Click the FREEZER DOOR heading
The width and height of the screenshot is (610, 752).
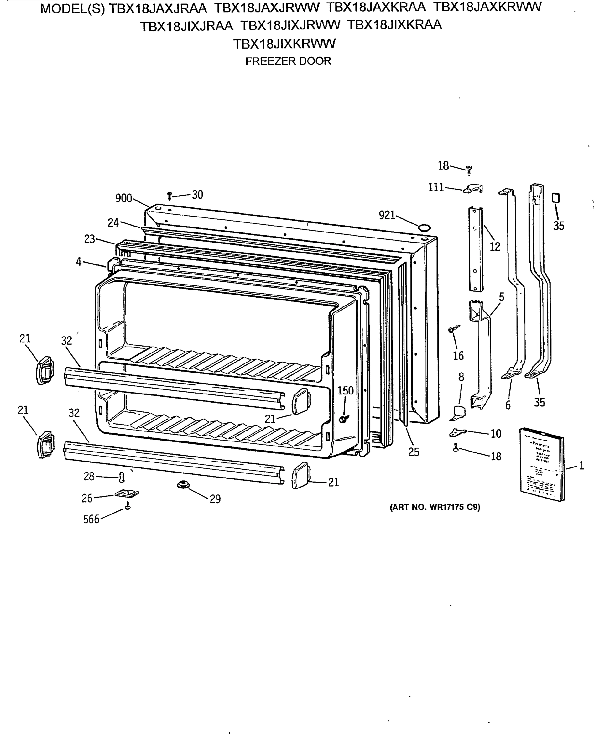pyautogui.click(x=288, y=61)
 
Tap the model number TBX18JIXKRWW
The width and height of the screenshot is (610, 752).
pyautogui.click(x=284, y=44)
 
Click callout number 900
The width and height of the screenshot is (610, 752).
pyautogui.click(x=124, y=198)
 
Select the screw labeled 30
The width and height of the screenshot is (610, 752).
pyautogui.click(x=169, y=196)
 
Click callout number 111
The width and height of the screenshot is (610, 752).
pyautogui.click(x=436, y=187)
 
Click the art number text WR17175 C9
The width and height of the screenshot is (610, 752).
pyautogui.click(x=435, y=507)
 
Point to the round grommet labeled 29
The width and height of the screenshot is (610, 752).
pyautogui.click(x=183, y=485)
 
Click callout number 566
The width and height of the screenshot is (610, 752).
pyautogui.click(x=91, y=520)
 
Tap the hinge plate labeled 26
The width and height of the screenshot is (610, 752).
pyautogui.click(x=127, y=494)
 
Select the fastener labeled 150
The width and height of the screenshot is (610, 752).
pyautogui.click(x=343, y=419)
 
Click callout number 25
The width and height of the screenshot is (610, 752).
pyautogui.click(x=414, y=452)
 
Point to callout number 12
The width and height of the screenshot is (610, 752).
pyautogui.click(x=495, y=247)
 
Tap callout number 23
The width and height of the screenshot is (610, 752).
pyautogui.click(x=90, y=239)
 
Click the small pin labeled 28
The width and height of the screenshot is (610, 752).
pyautogui.click(x=122, y=477)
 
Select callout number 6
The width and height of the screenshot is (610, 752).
pyautogui.click(x=508, y=405)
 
